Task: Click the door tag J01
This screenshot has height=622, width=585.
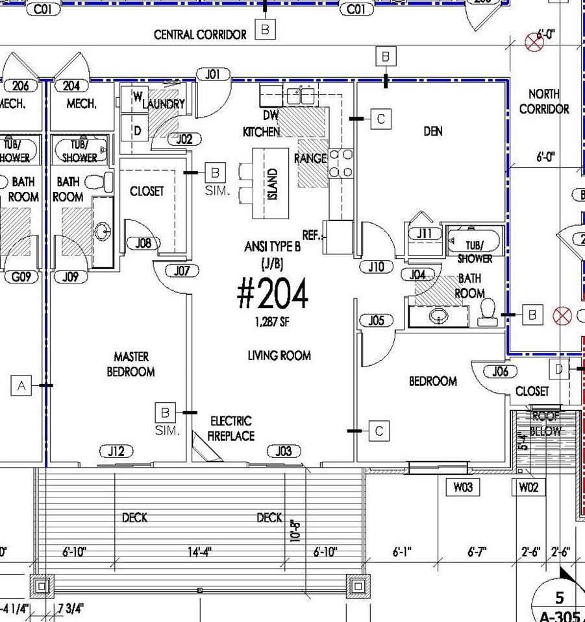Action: tap(213, 75)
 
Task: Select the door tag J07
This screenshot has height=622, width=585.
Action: tap(182, 270)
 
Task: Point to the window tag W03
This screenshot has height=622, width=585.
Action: tap(463, 488)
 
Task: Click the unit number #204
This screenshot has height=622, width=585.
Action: tap(272, 295)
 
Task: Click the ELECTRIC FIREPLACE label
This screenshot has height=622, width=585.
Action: tap(230, 429)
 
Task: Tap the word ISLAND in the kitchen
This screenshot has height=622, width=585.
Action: tap(273, 184)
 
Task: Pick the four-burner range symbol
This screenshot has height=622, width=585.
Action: tap(341, 163)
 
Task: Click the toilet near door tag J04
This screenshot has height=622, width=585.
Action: tap(488, 313)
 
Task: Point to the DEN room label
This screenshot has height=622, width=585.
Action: tap(433, 132)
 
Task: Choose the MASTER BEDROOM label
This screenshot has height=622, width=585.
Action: tap(131, 364)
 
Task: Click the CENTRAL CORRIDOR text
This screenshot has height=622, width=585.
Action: tap(200, 34)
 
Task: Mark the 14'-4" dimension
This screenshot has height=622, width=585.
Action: tap(199, 552)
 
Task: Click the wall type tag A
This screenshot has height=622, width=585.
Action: tap(21, 386)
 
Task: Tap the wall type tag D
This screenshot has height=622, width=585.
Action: tap(558, 369)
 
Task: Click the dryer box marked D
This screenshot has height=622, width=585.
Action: tap(138, 130)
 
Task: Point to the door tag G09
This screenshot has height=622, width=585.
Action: tap(21, 277)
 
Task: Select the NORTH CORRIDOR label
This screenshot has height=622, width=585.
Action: tap(544, 102)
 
